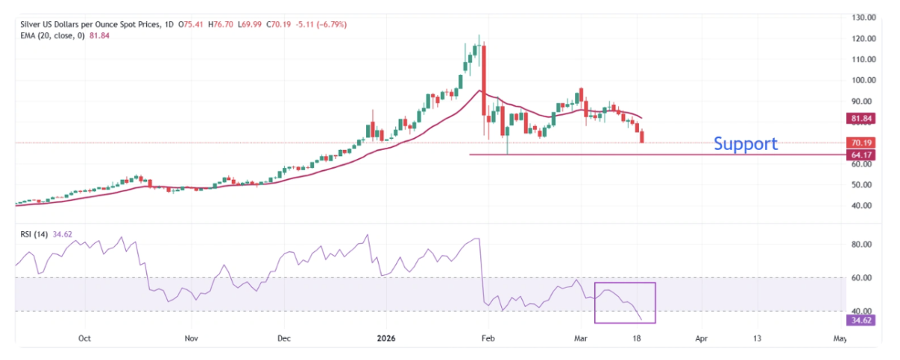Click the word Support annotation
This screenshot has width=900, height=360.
(x=745, y=143)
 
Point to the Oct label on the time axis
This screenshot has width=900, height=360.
(x=84, y=339)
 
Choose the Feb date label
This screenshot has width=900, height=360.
(x=488, y=339)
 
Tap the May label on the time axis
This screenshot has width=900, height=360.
(x=839, y=339)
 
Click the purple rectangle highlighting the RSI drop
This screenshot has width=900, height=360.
(x=625, y=303)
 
